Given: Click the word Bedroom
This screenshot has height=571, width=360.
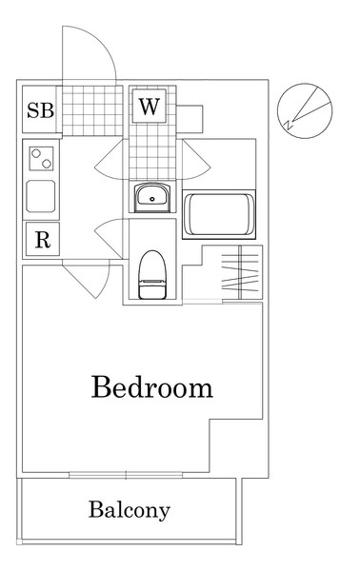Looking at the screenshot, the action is click(x=152, y=387).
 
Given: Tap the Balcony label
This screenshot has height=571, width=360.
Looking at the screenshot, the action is click(x=130, y=511).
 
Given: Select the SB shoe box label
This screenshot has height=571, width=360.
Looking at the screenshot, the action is click(x=40, y=110).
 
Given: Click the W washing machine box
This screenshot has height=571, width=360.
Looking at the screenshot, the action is click(x=150, y=106).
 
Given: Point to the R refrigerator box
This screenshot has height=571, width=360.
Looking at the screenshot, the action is click(x=43, y=239).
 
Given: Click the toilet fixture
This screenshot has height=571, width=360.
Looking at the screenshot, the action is click(x=152, y=275).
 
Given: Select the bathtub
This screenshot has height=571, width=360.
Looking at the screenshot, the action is click(x=219, y=214).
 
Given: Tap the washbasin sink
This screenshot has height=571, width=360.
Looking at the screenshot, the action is click(x=152, y=197).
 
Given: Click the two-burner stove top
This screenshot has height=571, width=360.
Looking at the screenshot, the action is click(x=41, y=158).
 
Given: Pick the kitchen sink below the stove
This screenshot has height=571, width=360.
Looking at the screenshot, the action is click(x=41, y=197).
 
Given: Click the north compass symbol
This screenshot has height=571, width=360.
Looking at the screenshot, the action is click(x=305, y=110).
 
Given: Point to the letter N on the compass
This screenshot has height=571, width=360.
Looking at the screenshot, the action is click(x=289, y=125).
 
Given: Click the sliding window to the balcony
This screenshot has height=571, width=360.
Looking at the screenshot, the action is click(x=126, y=475).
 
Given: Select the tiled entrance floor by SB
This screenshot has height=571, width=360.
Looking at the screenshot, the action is click(x=92, y=110).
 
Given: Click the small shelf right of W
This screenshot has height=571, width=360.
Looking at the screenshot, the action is click(x=190, y=119).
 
